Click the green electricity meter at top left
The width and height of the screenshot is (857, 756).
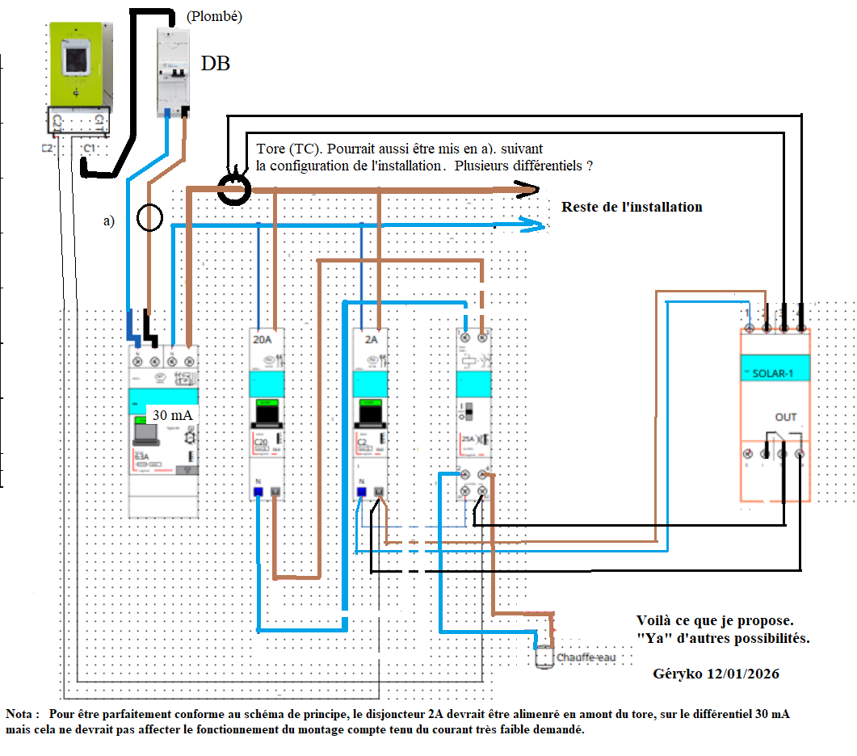tap(78, 65)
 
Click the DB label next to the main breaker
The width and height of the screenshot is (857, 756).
tap(216, 64)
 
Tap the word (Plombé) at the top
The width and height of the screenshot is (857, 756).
tap(214, 16)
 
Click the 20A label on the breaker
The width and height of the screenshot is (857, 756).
tap(263, 340)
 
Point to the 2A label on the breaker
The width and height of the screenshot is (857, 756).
tap(371, 340)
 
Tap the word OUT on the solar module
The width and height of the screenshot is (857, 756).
tap(785, 418)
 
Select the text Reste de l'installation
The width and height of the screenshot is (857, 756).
tap(632, 207)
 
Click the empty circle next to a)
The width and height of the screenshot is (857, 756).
tap(149, 217)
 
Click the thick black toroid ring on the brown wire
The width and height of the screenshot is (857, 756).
tap(235, 189)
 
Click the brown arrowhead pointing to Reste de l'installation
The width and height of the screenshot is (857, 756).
tap(530, 190)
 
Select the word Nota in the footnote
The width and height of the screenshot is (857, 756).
tap(21, 714)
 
